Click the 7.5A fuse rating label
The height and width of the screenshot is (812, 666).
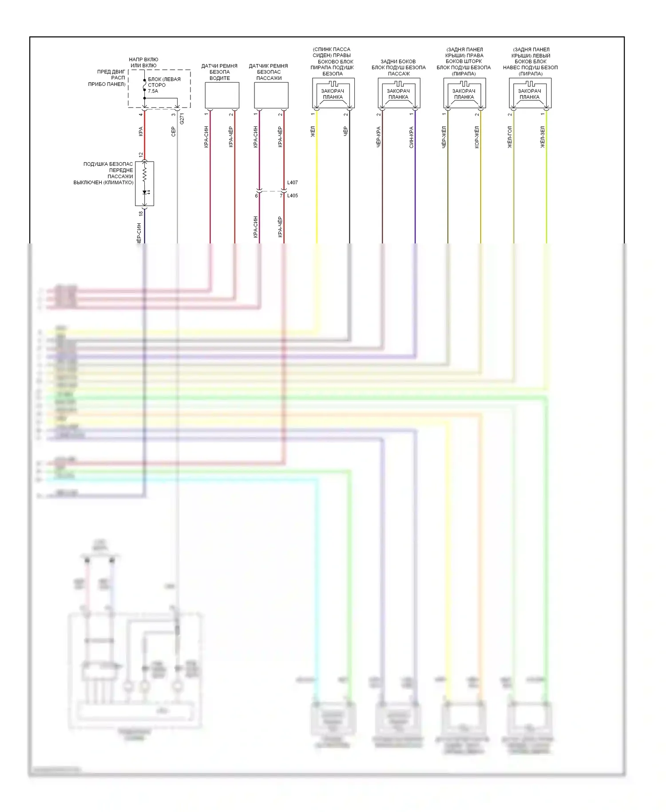153,91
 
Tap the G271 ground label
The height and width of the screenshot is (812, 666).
182,119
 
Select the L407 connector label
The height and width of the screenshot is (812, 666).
293,183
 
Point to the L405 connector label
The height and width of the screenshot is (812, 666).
293,195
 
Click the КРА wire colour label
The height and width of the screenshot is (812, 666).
141,131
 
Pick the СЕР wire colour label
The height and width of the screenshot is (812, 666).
174,131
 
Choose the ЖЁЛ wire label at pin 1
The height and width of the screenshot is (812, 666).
313,132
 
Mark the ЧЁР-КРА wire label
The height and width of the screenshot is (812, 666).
378,137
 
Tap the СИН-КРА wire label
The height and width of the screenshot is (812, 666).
411,137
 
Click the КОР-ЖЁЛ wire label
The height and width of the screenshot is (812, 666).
477,137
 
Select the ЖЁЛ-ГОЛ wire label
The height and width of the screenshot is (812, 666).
510,137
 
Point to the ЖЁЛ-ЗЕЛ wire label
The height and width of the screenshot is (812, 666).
543,137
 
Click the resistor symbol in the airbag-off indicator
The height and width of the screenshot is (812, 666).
144,174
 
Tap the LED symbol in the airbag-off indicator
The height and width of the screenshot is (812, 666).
145,192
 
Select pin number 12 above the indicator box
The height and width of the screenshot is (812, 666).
141,155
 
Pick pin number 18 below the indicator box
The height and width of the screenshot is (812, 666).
141,213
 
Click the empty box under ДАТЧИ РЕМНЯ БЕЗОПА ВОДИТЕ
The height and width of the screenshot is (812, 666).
222,95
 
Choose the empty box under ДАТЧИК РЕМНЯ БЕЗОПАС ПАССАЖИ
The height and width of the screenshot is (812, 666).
271,95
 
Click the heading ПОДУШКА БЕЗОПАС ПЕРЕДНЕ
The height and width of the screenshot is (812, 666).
108,167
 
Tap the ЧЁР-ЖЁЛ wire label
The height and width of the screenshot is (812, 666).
444,137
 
